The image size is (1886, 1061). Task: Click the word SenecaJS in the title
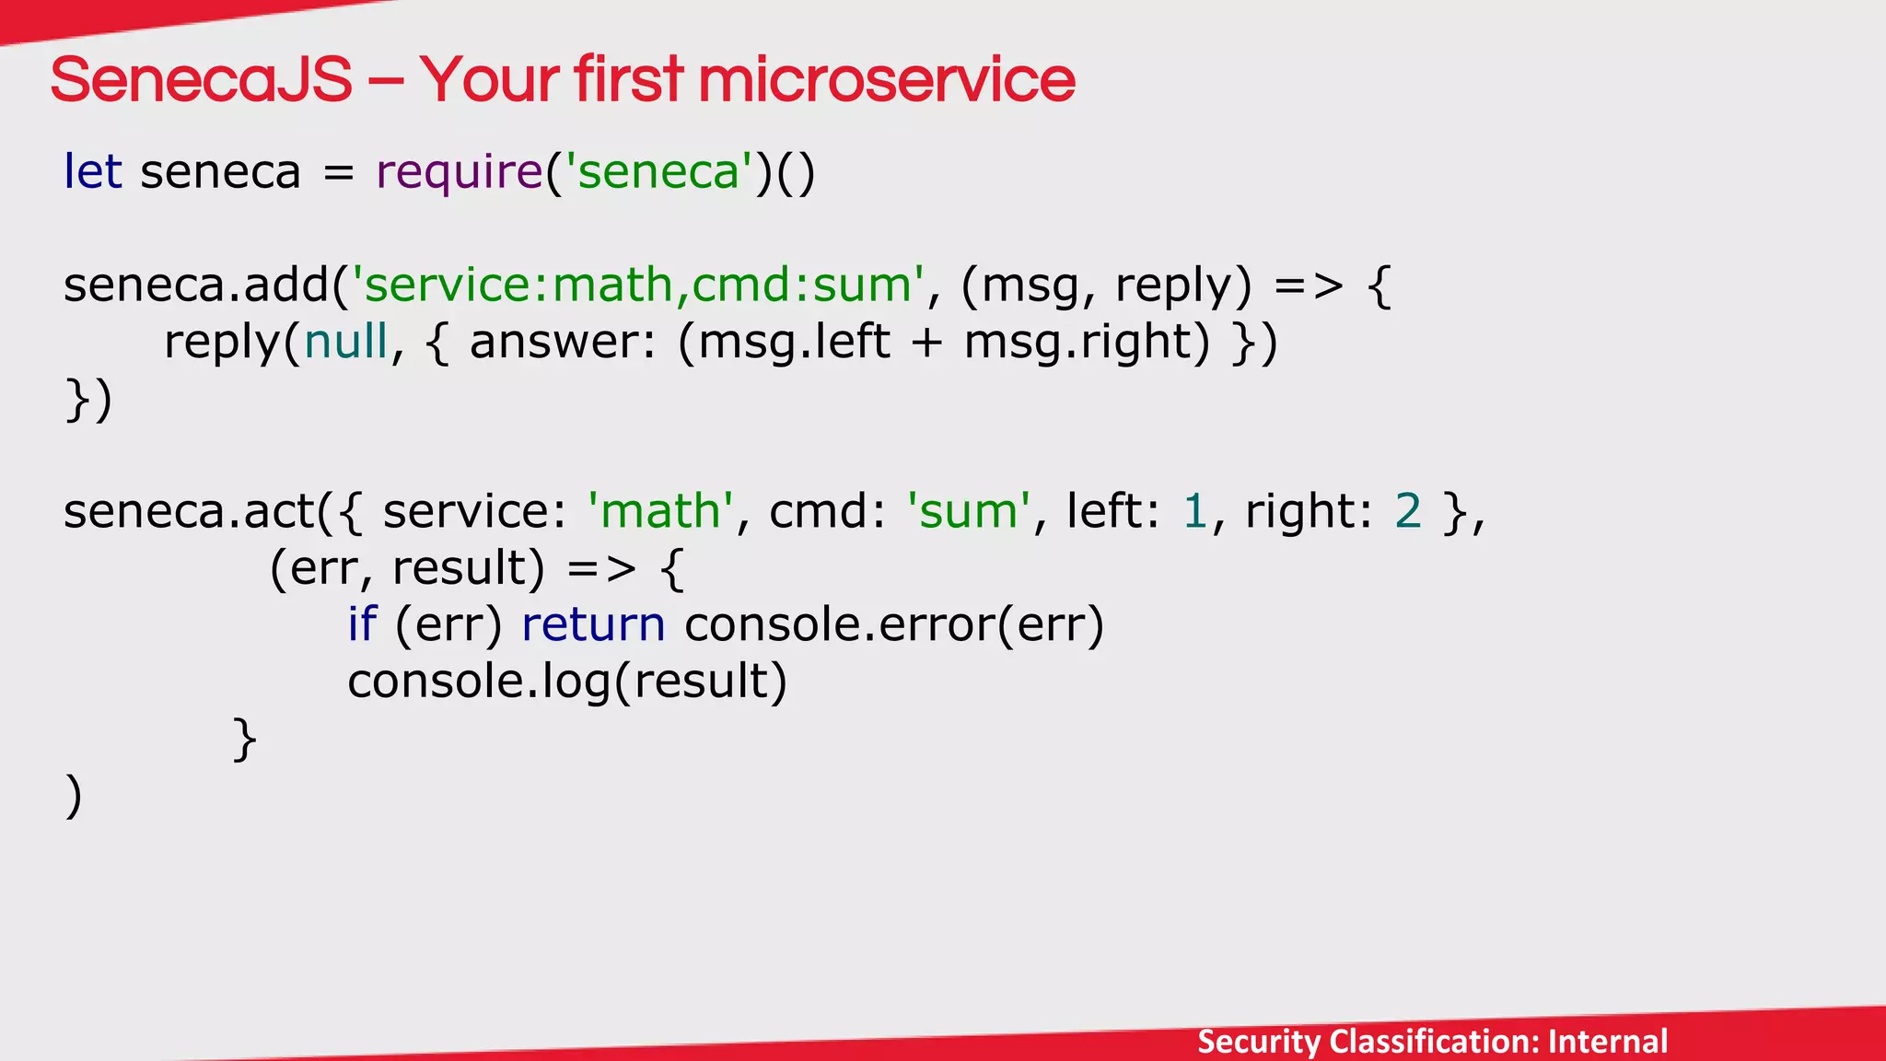point(201,80)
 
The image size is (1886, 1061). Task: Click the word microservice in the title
point(886,80)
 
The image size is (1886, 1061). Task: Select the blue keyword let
point(92,172)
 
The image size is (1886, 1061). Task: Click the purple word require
point(460,172)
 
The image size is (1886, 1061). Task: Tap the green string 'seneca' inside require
point(658,172)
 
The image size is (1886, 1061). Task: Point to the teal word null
point(346,342)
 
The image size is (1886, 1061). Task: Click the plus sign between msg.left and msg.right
point(926,344)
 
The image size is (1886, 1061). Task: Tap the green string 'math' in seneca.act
point(660,511)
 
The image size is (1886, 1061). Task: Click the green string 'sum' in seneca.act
point(968,511)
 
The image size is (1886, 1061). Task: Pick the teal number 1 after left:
point(1194,511)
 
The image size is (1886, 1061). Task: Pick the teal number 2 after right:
point(1408,511)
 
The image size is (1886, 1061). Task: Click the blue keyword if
point(362,624)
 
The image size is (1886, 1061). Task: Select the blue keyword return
point(593,624)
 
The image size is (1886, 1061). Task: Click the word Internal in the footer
point(1608,1042)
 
